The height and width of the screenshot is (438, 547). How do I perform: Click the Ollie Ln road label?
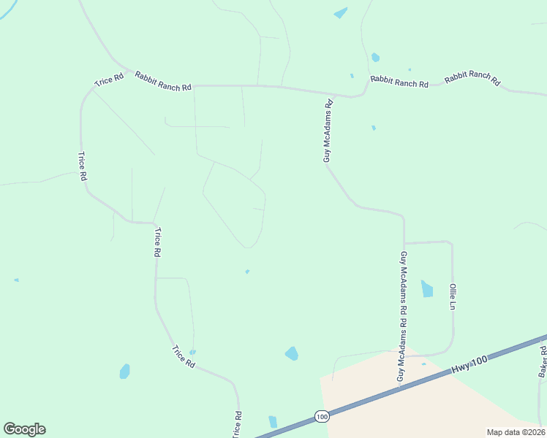point(453,297)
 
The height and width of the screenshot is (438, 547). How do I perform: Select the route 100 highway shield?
point(322,416)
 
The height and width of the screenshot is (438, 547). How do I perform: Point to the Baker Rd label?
point(543,361)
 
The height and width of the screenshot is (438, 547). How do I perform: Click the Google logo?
point(24,429)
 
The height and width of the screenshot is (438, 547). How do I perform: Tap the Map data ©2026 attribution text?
point(515,432)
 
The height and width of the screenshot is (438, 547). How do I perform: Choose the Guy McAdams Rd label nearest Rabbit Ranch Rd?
point(328,131)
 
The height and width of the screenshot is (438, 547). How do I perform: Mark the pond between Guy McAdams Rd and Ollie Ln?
point(427,289)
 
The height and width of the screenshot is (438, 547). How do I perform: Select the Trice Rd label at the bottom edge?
point(237,424)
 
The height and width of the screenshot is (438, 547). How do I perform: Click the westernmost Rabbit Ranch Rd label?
point(162,80)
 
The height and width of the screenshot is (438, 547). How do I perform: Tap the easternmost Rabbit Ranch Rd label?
point(472,78)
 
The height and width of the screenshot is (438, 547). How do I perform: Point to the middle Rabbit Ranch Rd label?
point(399,82)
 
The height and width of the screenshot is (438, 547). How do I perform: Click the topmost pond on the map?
point(341,12)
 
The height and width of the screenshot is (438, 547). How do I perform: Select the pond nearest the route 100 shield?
point(273,421)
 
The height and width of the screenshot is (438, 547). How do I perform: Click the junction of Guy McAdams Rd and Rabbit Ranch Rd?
point(331,94)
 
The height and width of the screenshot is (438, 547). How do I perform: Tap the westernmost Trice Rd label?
point(83,166)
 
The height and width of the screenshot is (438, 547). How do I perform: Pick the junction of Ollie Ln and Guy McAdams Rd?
point(404,242)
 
